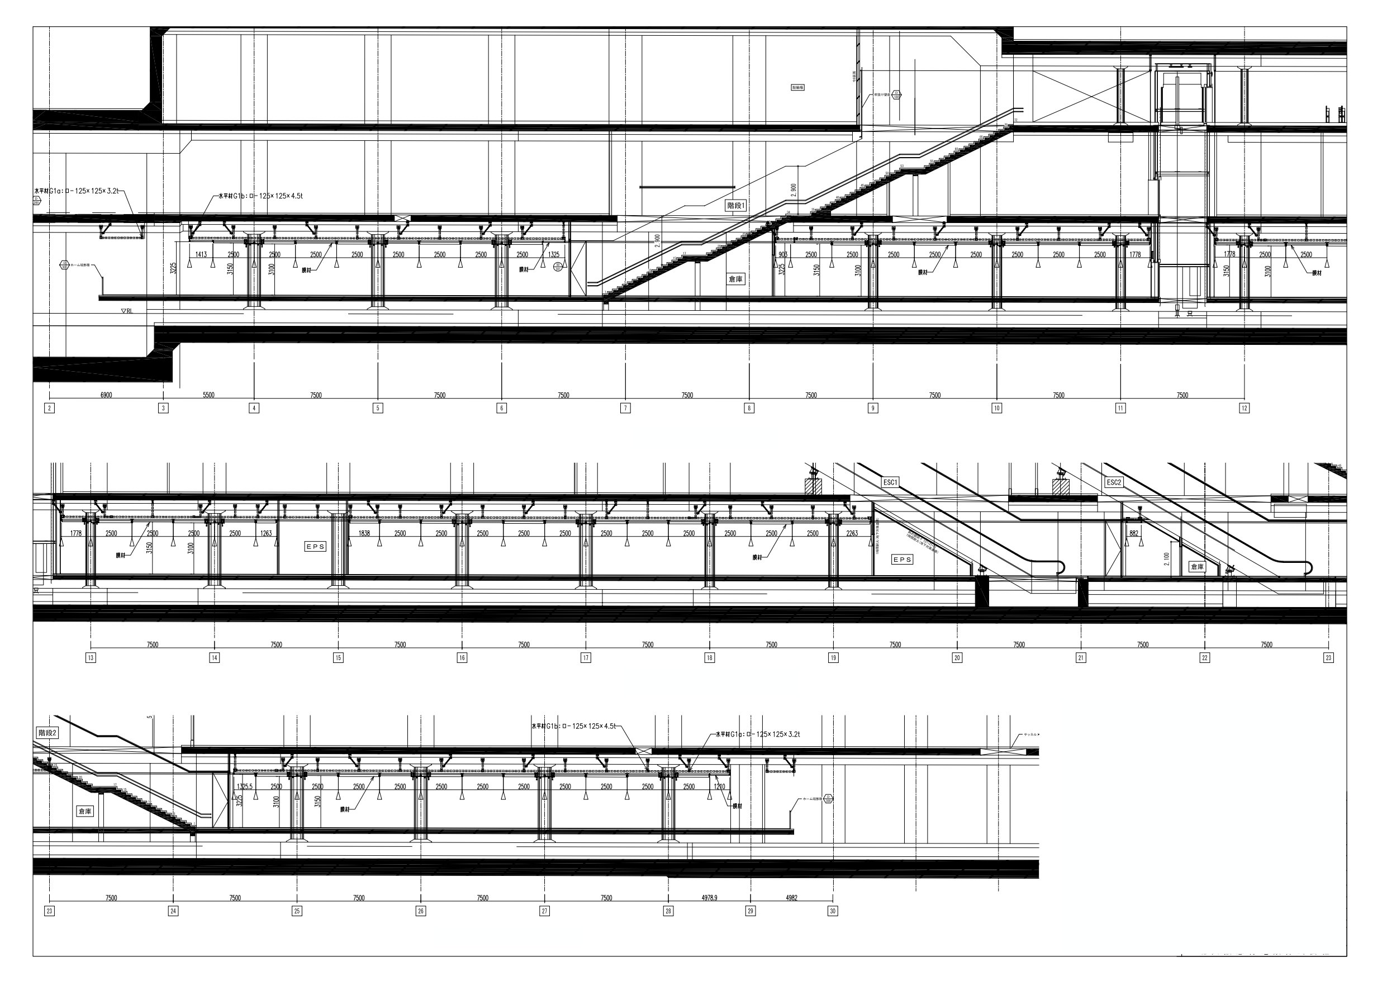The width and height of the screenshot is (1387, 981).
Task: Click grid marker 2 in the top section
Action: pos(50,408)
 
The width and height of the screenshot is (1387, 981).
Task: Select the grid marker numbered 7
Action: pos(625,408)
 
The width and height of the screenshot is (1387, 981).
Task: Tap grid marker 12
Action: pos(1244,408)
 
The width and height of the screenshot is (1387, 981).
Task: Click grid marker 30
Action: pos(833,911)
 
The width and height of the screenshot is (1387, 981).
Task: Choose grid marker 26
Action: pos(420,911)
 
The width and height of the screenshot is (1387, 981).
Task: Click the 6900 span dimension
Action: pos(106,395)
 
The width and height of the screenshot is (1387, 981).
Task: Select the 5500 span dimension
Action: pos(208,395)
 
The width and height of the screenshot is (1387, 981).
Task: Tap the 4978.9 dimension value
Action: pos(709,898)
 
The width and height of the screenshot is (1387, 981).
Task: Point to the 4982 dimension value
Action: pos(791,898)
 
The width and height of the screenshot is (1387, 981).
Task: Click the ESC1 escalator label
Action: pos(890,482)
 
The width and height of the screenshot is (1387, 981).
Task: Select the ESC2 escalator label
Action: pos(1113,482)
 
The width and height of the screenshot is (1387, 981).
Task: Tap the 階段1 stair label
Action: pos(735,206)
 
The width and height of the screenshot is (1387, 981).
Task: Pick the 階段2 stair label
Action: pos(47,733)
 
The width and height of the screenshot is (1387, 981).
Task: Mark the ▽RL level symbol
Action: pos(127,311)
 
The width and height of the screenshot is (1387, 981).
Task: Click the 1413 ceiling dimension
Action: pos(201,255)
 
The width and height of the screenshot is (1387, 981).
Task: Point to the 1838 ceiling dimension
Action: pos(364,534)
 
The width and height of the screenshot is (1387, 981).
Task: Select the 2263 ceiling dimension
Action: pos(852,534)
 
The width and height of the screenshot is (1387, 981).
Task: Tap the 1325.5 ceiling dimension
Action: pos(245,787)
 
